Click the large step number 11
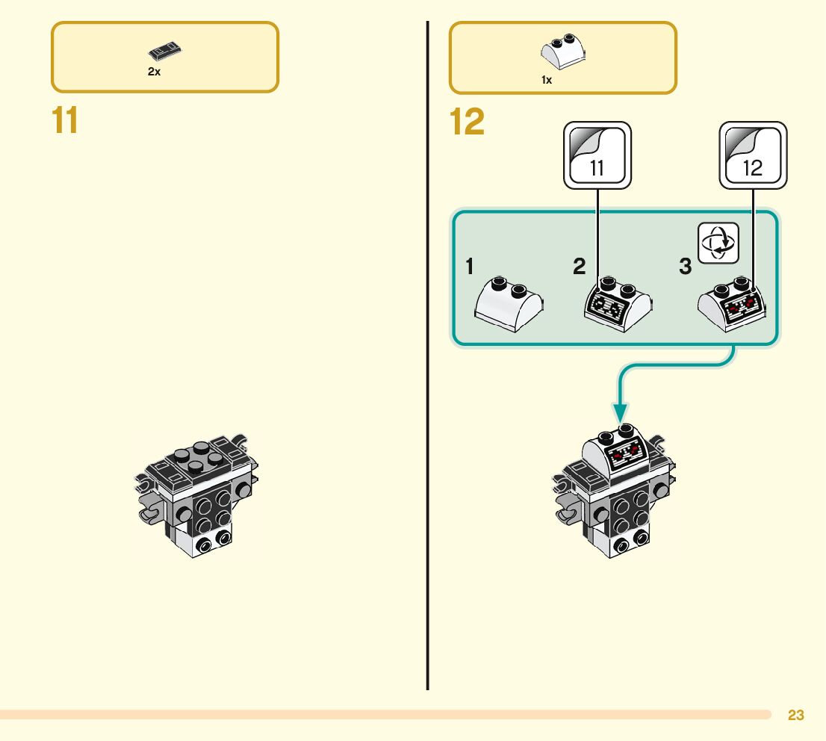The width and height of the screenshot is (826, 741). click(x=65, y=120)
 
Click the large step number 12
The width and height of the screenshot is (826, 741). click(x=467, y=122)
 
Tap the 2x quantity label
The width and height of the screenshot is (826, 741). click(x=154, y=72)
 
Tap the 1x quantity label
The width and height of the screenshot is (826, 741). click(x=547, y=80)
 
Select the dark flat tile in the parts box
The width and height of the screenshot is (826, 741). click(x=165, y=51)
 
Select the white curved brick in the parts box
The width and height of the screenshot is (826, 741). click(x=563, y=51)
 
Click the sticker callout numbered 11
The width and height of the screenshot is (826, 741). click(x=597, y=155)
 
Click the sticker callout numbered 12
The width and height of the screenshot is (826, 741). click(x=753, y=155)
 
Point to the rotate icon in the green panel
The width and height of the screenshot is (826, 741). click(x=718, y=243)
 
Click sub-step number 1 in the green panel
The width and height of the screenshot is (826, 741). click(x=469, y=266)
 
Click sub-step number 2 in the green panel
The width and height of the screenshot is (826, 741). click(x=580, y=266)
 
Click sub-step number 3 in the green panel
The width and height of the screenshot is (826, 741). click(x=686, y=266)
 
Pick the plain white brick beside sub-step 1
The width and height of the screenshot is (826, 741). click(x=509, y=304)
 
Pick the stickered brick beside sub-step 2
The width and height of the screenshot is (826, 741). click(x=618, y=304)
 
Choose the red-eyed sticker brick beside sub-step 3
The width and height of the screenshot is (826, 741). click(x=732, y=304)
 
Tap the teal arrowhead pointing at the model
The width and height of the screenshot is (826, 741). click(x=621, y=412)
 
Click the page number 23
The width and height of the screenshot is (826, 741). click(x=796, y=715)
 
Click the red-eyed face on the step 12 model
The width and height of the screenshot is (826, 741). click(x=626, y=453)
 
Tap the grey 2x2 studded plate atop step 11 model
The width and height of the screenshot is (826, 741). click(x=199, y=457)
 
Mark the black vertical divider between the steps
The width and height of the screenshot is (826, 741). click(x=428, y=356)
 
